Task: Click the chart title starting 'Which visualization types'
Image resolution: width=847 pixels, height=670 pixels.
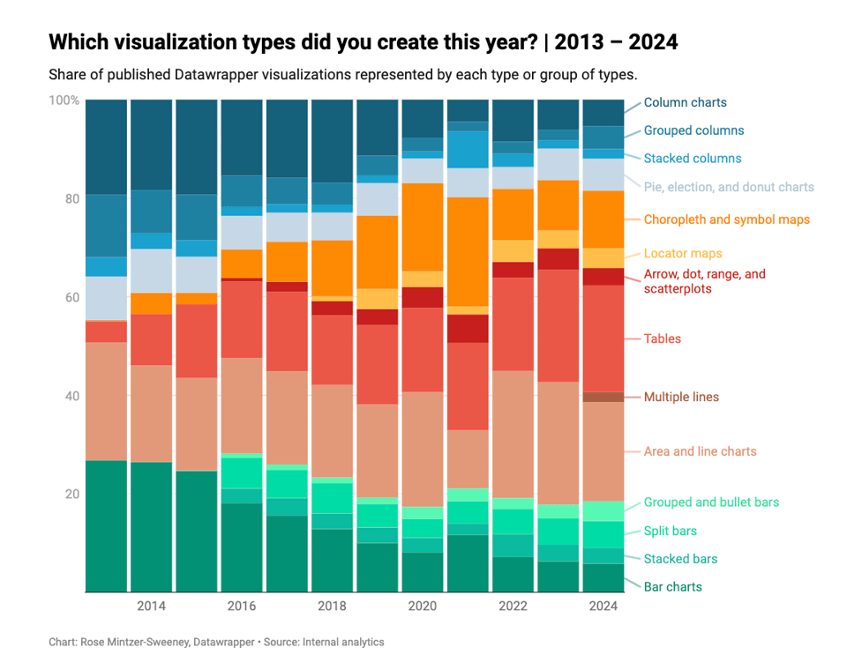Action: tap(363, 42)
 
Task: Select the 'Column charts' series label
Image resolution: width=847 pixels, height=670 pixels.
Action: tap(685, 102)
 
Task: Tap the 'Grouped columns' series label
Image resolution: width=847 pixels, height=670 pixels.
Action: tap(693, 130)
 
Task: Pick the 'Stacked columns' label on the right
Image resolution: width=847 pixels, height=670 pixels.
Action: tap(692, 159)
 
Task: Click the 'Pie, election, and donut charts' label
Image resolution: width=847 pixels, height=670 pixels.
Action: tap(729, 187)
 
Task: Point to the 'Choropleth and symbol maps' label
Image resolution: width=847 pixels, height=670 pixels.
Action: tap(726, 220)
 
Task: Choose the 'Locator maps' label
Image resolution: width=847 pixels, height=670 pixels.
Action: tap(683, 254)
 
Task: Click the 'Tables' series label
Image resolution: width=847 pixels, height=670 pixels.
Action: tap(662, 339)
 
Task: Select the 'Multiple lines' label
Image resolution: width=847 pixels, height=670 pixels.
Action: tap(681, 398)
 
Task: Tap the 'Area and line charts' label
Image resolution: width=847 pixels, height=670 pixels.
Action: tap(700, 451)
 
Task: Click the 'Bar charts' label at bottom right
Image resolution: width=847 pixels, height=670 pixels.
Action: tap(672, 587)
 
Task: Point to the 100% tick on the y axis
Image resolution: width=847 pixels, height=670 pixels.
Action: tap(64, 100)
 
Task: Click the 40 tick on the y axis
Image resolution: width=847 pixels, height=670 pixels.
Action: tap(71, 396)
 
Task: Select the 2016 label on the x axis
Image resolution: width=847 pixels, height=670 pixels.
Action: tap(242, 607)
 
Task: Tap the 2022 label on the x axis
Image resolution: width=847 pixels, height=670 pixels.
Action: tap(513, 607)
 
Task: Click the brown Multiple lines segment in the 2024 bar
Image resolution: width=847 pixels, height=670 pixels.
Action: tap(603, 397)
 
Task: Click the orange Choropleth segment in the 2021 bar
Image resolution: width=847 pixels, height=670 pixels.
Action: tap(468, 251)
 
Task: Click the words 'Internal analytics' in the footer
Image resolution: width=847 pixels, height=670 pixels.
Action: tap(343, 643)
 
